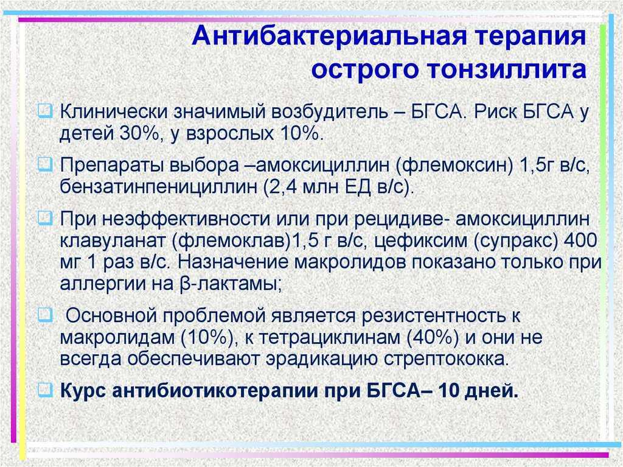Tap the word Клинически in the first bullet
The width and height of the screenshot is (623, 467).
pos(113,112)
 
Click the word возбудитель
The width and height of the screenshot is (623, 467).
pos(329,112)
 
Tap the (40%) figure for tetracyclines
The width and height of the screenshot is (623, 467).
pos(433,338)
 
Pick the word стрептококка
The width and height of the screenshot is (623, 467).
pos(446,359)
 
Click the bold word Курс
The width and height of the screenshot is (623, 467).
pos(83,391)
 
